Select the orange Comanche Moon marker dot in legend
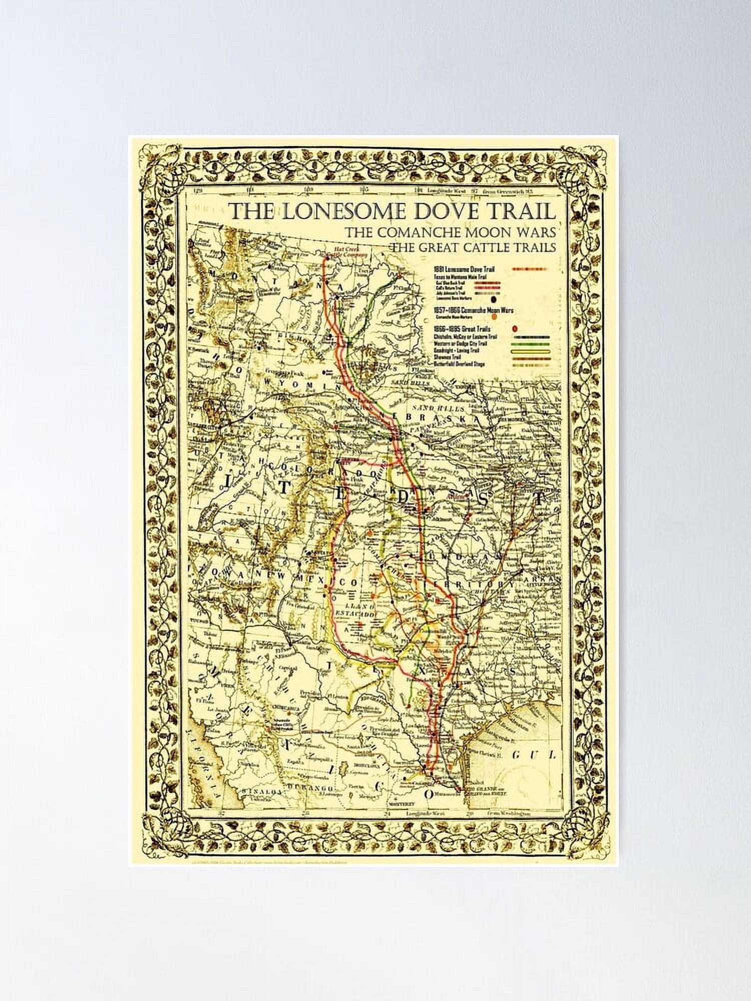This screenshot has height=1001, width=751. pyautogui.click(x=494, y=316)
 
